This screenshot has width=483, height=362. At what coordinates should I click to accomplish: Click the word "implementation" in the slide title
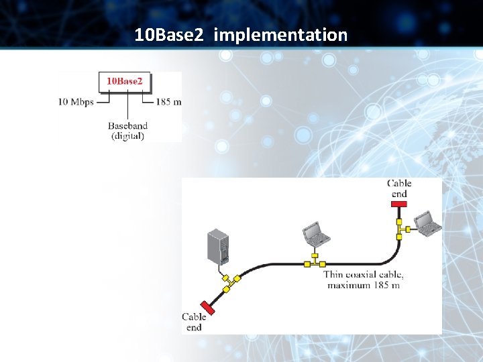(x=280, y=35)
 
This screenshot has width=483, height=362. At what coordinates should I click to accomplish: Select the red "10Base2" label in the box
(x=125, y=81)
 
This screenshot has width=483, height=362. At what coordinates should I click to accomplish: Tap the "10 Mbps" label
(x=76, y=102)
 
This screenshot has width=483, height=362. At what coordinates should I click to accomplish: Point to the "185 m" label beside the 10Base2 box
(x=168, y=102)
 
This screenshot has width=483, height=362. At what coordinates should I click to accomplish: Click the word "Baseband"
(x=127, y=125)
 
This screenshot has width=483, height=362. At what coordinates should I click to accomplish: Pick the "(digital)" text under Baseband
(x=127, y=136)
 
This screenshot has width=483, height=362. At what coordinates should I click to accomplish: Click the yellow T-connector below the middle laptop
(x=315, y=263)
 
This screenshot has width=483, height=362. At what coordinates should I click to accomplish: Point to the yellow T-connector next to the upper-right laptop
(x=400, y=228)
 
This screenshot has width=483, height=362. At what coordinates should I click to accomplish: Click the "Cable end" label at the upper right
(x=399, y=188)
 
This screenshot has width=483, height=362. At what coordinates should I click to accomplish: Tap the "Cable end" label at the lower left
(x=194, y=322)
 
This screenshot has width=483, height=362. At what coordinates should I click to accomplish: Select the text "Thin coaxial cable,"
(x=363, y=274)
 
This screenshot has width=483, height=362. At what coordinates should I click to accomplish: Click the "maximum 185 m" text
(x=363, y=285)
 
